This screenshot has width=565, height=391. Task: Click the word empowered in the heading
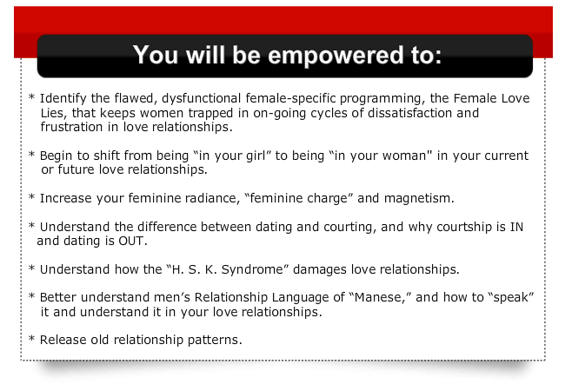coord(336,56)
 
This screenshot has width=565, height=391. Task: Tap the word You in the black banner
coord(156,55)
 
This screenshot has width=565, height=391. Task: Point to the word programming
coord(382,99)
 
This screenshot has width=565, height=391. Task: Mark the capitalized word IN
coord(516,227)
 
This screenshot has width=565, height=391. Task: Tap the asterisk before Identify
coord(31,97)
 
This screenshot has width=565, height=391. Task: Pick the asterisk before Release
coord(31,339)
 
